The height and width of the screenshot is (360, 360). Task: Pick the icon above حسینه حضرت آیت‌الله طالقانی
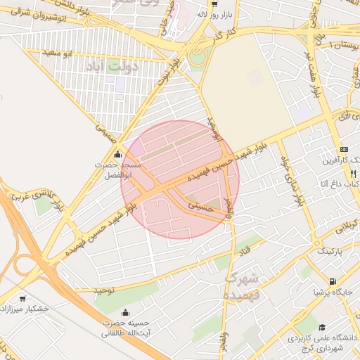(126, 313)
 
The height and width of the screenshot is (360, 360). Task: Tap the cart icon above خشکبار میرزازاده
(22, 298)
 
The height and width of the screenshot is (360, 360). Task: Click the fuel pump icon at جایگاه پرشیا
(306, 292)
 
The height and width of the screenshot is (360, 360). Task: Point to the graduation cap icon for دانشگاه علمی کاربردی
(321, 328)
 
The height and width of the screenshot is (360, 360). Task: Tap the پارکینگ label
(331, 250)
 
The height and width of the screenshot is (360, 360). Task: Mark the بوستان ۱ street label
(344, 44)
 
